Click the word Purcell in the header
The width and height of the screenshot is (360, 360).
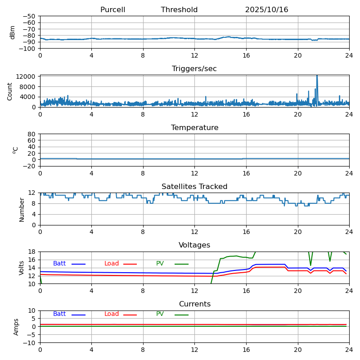click(112, 10)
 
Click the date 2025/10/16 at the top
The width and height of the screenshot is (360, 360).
click(266, 10)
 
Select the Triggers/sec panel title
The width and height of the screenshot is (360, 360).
click(194, 69)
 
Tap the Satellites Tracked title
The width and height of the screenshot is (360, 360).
click(194, 187)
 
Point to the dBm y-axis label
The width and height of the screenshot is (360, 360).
click(13, 32)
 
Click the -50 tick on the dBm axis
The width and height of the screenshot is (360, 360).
click(30, 16)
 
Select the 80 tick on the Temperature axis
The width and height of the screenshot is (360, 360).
click(32, 134)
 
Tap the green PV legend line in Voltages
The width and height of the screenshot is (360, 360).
click(181, 264)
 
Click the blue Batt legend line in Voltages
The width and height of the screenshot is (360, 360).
click(78, 264)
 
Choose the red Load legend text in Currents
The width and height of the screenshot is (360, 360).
click(112, 314)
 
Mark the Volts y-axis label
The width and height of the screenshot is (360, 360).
click(22, 268)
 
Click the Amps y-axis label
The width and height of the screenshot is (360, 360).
click(16, 327)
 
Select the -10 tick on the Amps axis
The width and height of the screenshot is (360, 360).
click(30, 343)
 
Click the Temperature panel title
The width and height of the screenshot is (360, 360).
click(194, 128)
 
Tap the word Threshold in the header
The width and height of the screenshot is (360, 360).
click(179, 10)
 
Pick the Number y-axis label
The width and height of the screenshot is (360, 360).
click(22, 209)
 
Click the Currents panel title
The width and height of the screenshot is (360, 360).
click(194, 304)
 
